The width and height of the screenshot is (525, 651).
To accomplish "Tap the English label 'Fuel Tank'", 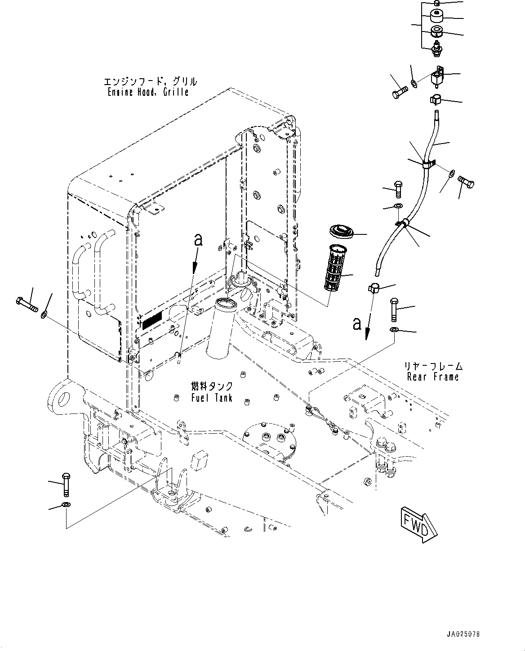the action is click(x=212, y=398).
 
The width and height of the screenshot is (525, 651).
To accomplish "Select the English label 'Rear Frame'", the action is click(x=433, y=377).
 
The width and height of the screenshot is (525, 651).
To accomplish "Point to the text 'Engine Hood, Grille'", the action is click(x=148, y=92).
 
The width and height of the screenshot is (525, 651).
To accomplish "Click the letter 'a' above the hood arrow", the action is click(x=199, y=240).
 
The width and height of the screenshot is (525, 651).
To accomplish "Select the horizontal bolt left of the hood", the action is click(x=27, y=304).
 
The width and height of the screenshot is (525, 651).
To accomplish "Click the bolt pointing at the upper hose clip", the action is click(x=466, y=183).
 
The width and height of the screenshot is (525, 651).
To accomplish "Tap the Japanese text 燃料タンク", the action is click(x=212, y=386).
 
